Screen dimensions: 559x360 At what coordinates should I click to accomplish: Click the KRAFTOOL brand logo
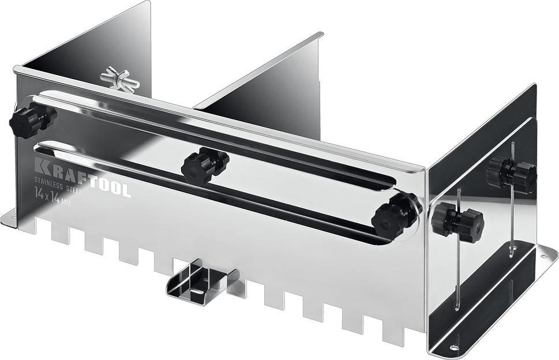coord(82,178)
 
